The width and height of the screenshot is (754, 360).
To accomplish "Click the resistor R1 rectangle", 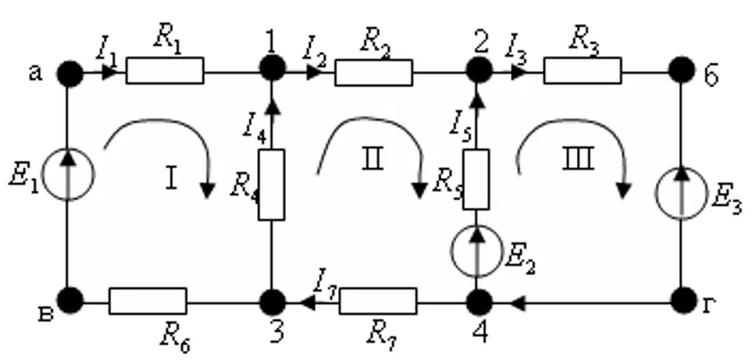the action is click(x=165, y=71).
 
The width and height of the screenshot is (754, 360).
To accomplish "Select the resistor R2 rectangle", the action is click(x=373, y=72).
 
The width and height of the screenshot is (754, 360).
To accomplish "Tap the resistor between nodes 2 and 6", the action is click(x=583, y=71).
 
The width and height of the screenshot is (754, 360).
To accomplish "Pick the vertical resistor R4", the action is click(x=271, y=185).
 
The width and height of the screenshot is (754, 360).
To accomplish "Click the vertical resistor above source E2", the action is click(x=476, y=180).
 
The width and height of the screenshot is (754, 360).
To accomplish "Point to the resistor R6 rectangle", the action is click(x=148, y=301).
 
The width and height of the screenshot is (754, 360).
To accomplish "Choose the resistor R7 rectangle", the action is click(x=378, y=301).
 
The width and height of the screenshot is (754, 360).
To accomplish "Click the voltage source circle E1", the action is click(x=68, y=174).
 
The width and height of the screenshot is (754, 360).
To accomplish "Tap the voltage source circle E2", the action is click(x=476, y=251).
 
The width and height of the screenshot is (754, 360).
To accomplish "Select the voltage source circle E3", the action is click(x=681, y=193).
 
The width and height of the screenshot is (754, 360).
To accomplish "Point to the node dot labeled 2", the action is click(x=479, y=70).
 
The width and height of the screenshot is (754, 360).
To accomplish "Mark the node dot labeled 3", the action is click(x=273, y=302).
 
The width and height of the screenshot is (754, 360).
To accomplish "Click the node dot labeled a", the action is click(x=70, y=73).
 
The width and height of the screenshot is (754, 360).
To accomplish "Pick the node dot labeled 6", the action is click(x=681, y=69).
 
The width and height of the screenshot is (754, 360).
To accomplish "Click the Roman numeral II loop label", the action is click(x=372, y=159).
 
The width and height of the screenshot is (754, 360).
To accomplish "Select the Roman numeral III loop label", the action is click(x=578, y=159).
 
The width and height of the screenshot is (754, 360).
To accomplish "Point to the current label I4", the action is click(x=254, y=129).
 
